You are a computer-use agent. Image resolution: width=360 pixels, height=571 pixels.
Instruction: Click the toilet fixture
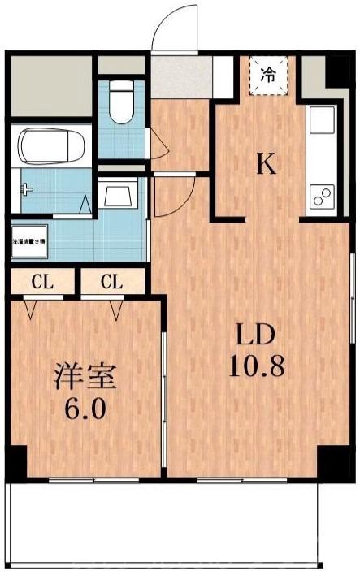point(123,102)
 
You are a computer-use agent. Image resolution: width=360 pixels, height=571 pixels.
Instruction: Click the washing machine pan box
point(28,240)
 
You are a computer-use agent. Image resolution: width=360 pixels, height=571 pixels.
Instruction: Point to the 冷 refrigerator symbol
point(267,74)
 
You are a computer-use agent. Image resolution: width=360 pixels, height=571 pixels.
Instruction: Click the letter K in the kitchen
point(267,165)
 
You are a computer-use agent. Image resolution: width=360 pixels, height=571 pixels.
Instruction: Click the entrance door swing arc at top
point(174,28)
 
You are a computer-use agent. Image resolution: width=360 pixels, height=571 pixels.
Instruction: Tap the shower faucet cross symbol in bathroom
point(28,189)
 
